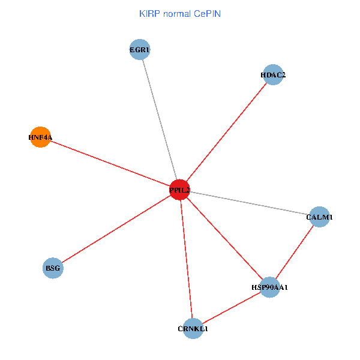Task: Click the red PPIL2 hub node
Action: coord(179,190)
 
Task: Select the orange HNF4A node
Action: coord(40,137)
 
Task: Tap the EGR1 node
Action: coord(139,50)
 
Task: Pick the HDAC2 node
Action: coord(273,75)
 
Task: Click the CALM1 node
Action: coord(319,217)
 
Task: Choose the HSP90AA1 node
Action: coord(270,287)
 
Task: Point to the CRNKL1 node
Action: coord(193,328)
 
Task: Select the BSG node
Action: coord(53,268)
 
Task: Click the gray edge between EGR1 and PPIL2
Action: coord(159,119)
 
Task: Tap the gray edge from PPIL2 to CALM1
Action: coord(249,203)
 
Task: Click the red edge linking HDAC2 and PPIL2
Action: coord(226,132)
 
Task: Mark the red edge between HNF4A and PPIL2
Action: coord(109,163)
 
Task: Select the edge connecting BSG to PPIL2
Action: coord(116,229)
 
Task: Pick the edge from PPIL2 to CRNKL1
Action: coord(186,259)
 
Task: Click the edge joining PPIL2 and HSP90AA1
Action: coord(224,238)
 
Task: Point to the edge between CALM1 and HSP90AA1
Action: coord(295,252)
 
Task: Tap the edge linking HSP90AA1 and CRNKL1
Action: coord(231,308)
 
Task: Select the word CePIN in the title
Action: coord(207,13)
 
